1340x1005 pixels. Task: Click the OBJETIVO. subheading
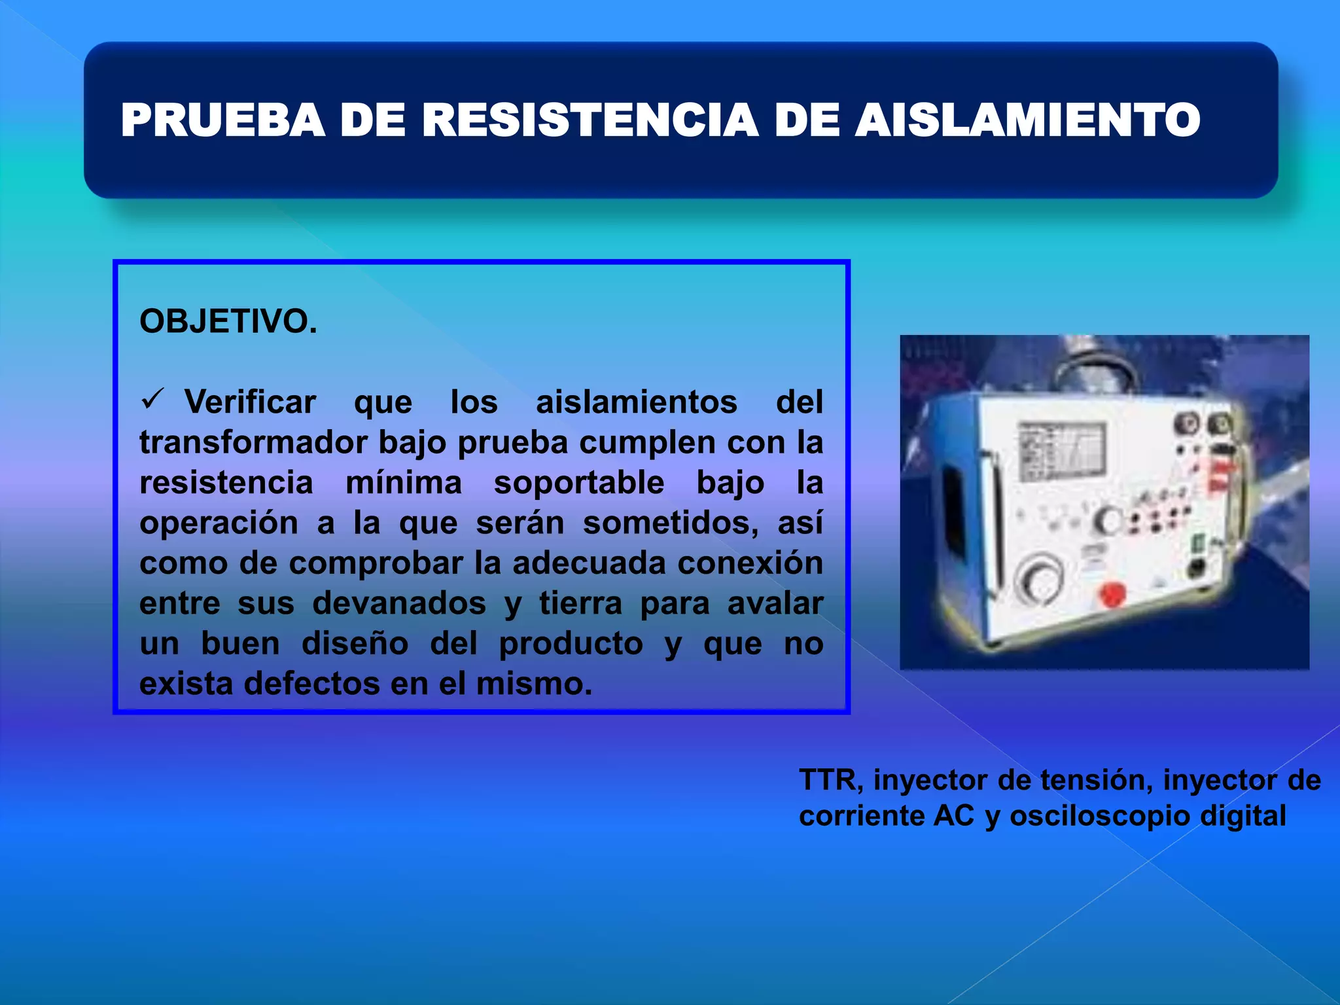228,321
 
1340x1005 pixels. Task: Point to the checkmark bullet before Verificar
152,398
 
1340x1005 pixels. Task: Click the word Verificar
250,402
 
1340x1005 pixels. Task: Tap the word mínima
403,483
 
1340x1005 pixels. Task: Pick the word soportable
578,483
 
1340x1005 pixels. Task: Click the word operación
219,523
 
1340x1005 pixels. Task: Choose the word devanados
399,603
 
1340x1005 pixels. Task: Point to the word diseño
355,644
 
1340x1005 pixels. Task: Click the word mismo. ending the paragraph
534,684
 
